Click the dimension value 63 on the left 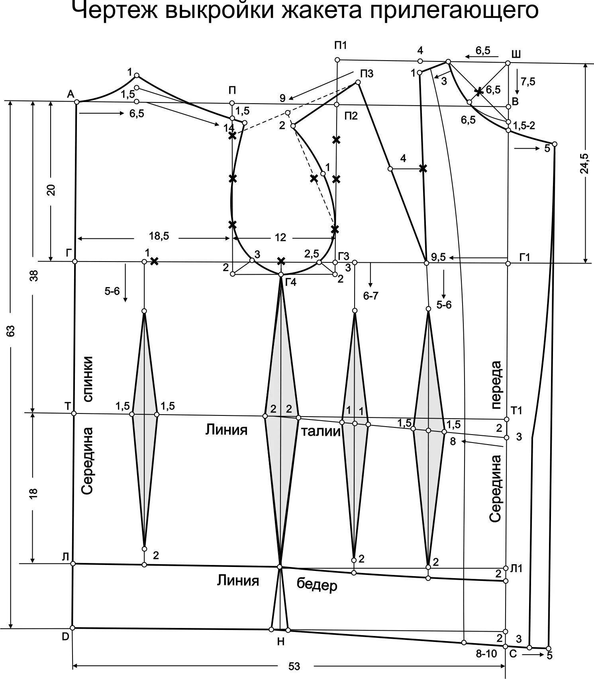(x=11, y=331)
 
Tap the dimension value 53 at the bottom (x=294, y=666)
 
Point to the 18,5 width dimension (x=159, y=236)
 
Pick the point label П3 (x=367, y=73)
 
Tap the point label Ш (x=516, y=54)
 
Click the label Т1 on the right (x=516, y=410)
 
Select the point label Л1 (x=516, y=569)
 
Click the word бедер (x=317, y=585)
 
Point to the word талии (x=321, y=431)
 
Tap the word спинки (x=88, y=378)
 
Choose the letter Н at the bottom (x=280, y=642)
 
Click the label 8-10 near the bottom (x=486, y=654)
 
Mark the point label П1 (x=341, y=45)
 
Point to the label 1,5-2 (x=524, y=126)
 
